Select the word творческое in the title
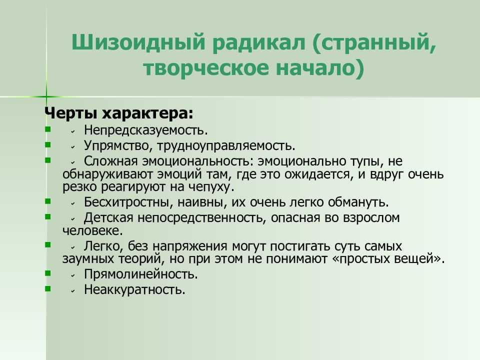[x=205, y=68]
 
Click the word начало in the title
[x=316, y=68]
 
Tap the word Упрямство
[x=116, y=145]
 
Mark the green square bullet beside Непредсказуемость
[x=48, y=129]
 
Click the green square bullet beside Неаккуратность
[x=48, y=288]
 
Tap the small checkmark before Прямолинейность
[x=73, y=275]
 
